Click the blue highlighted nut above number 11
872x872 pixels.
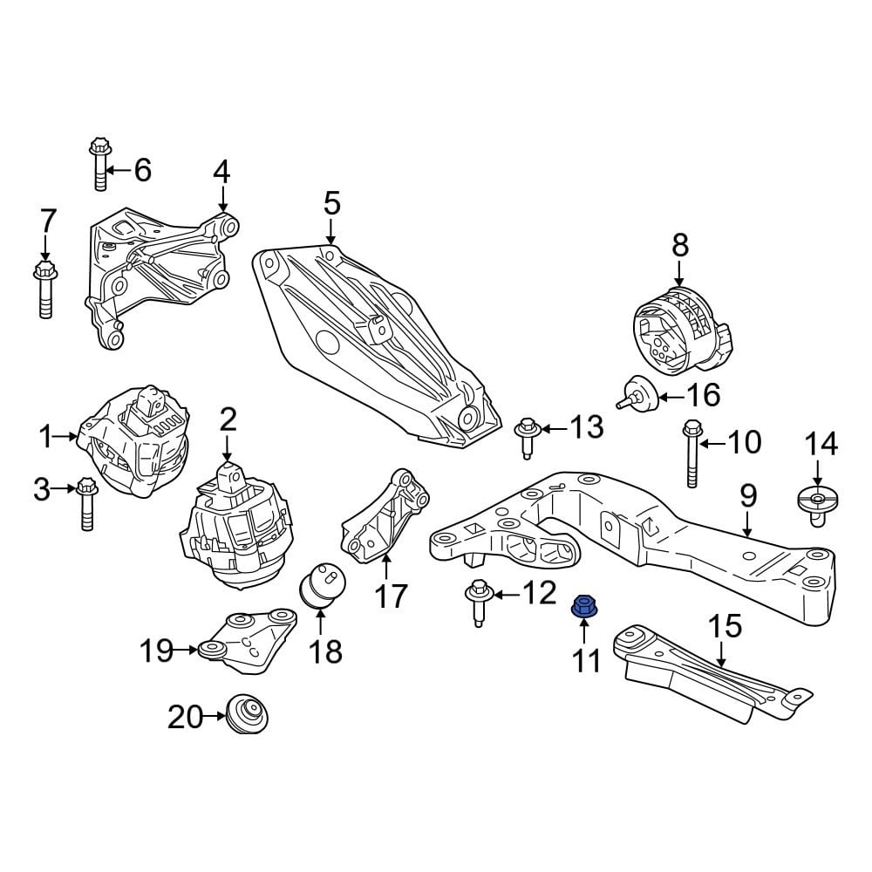582,606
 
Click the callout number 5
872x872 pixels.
331,204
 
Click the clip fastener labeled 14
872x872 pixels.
817,505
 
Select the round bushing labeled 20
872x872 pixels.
247,714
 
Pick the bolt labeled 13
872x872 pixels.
527,435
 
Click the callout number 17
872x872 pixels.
391,596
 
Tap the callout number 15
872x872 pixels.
725,625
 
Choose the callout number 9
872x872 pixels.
748,497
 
